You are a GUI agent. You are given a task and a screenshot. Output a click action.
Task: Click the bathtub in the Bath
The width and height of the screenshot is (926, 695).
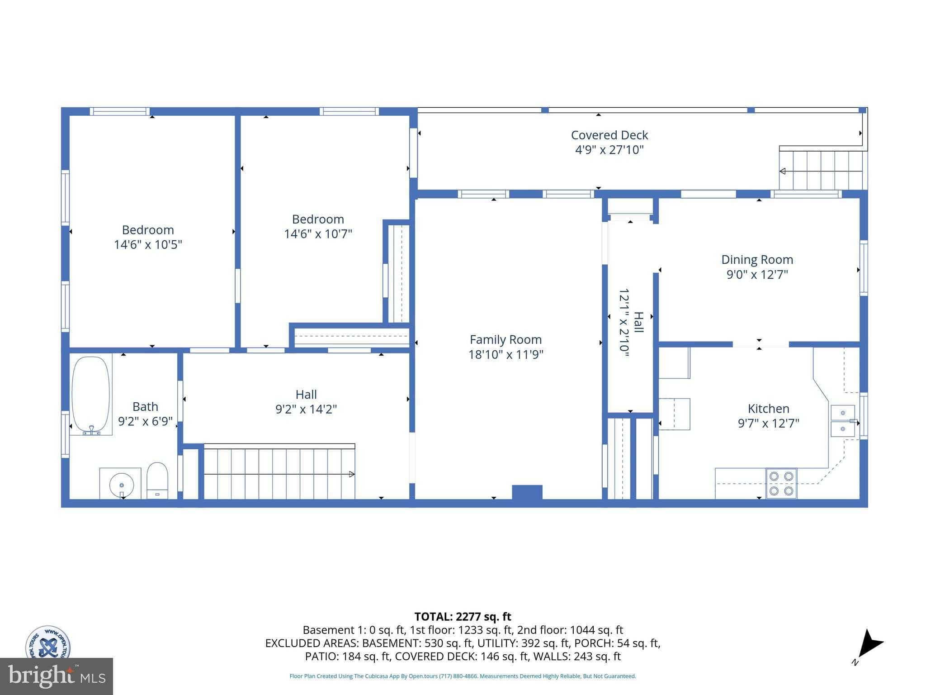tap(91, 395)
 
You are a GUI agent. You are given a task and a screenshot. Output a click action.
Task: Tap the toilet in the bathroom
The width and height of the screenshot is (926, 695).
tap(157, 481)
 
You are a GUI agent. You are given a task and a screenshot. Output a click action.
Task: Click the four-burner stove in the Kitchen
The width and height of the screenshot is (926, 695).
tap(781, 483)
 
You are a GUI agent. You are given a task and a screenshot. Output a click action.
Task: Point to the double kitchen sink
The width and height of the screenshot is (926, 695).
tap(843, 421)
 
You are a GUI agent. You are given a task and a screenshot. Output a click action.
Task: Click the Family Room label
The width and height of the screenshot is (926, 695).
tap(506, 339)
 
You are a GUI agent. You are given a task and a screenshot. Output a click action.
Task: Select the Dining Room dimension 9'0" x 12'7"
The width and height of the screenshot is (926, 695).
tap(757, 274)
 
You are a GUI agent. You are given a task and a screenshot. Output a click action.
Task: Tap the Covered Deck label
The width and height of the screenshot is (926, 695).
tap(609, 135)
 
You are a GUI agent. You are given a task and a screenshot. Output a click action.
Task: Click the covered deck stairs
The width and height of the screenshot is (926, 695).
tap(821, 170)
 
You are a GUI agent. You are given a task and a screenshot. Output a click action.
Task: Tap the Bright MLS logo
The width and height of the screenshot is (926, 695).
tap(57, 676)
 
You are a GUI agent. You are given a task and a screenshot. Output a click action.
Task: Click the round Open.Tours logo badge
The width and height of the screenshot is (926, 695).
tap(47, 643)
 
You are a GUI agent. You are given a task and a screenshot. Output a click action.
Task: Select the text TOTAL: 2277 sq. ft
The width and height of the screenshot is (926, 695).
tap(463, 616)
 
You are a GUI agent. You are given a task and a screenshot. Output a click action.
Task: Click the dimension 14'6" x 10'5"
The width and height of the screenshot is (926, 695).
tap(148, 244)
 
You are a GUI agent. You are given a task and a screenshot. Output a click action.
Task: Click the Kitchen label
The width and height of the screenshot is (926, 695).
tap(768, 409)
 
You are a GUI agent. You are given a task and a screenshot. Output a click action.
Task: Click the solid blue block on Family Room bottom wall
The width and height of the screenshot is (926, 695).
tap(527, 492)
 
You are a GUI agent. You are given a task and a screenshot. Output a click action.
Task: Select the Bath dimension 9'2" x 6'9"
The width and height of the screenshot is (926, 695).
tap(145, 421)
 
